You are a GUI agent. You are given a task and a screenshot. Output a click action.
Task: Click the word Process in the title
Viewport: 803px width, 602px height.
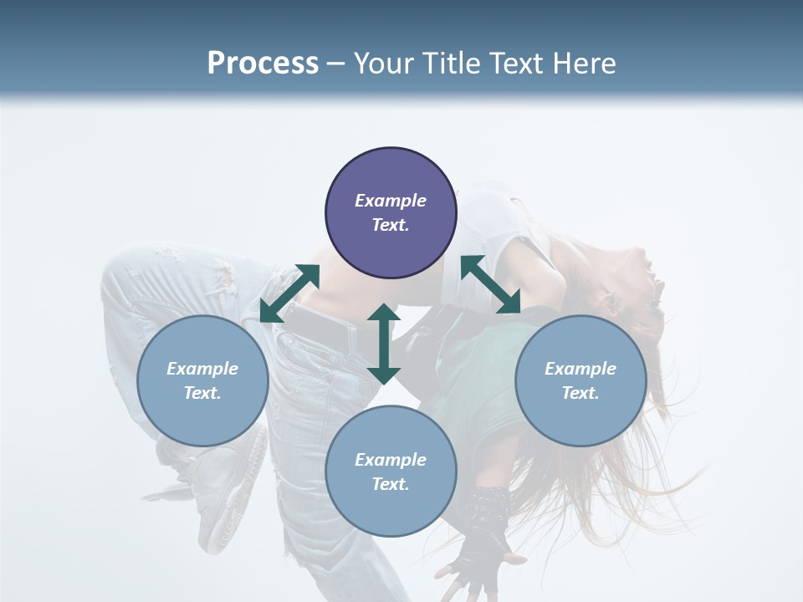[x=263, y=64]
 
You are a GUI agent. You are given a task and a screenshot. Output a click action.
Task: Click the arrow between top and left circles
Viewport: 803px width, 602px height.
[x=289, y=293]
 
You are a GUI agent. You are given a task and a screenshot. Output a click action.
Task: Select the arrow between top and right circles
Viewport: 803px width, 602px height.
[x=491, y=284]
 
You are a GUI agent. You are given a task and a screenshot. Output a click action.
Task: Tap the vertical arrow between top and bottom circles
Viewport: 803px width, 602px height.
[x=384, y=344]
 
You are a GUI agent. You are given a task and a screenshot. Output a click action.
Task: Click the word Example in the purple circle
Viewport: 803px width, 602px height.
[x=391, y=201]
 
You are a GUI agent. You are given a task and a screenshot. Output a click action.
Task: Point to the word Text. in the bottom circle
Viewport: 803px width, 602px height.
[x=391, y=484]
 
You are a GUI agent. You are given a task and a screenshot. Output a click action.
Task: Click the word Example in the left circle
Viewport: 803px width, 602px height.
[x=202, y=369]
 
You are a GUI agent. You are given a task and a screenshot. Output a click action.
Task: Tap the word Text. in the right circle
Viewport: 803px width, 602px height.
[x=581, y=393]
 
